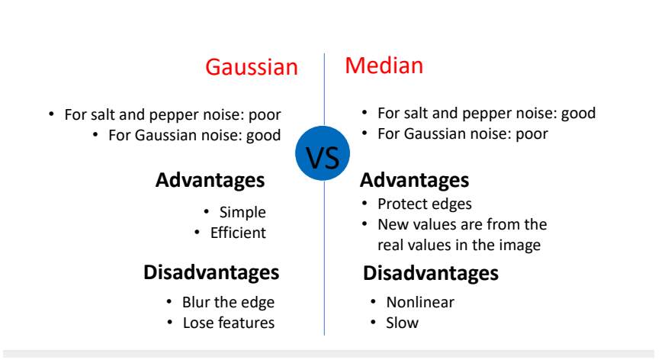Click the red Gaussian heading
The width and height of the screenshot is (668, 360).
coord(252,67)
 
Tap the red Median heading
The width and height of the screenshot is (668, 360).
coord(384,66)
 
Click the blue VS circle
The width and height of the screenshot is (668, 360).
coord(323,153)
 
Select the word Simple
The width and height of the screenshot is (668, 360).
coord(242,212)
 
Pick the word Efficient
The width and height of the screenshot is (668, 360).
coord(238,233)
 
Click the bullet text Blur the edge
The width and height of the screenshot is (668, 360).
coord(228,302)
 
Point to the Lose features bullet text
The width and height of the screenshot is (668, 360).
coord(229,323)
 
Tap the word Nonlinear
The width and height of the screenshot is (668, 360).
coord(420,302)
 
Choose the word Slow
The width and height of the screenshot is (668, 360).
coord(402,323)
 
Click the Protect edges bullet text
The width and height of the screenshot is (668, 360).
coord(425,204)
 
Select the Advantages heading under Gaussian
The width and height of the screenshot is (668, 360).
coord(210,180)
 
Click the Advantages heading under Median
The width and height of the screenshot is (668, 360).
coord(415,180)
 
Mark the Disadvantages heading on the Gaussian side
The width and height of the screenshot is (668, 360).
coord(211,272)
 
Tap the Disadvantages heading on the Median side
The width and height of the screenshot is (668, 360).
coord(431,273)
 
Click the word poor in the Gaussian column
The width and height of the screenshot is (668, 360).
coord(265,115)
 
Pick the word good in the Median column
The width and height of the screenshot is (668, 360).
coord(578,114)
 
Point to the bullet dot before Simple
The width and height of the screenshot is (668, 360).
coord(206,211)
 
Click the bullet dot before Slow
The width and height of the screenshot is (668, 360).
coord(373,322)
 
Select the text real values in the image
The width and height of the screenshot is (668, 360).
coord(459,246)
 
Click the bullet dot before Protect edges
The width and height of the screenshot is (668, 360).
coord(365,203)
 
